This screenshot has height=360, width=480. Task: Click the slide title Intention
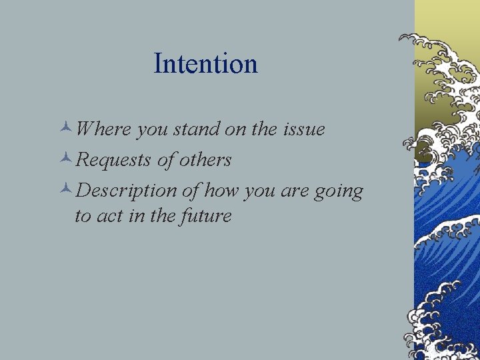tap(205, 64)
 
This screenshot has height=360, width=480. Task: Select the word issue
tap(303, 129)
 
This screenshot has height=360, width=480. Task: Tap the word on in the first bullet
tap(235, 129)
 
